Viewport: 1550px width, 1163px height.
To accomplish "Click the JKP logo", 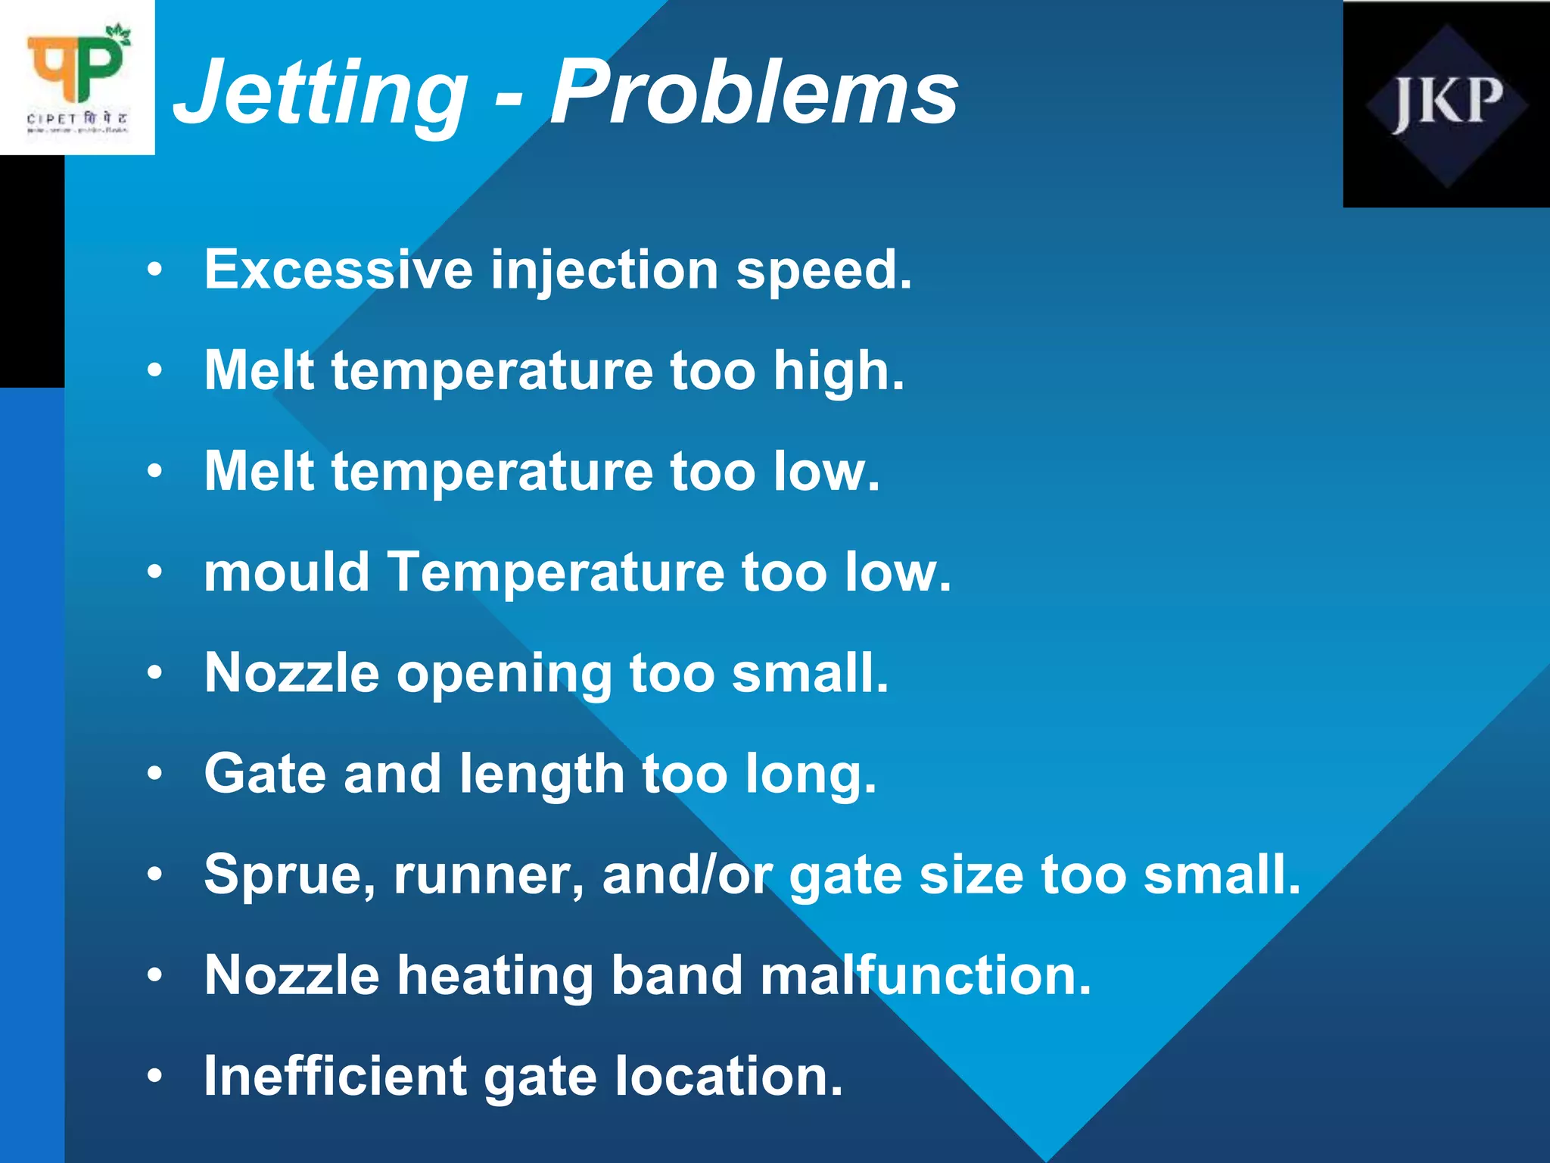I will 1446,104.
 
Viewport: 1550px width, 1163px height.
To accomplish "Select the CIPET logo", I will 77,77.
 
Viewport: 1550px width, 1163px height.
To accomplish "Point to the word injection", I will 604,271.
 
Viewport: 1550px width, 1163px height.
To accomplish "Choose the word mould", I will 287,572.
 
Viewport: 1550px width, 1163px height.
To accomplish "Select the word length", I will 541,775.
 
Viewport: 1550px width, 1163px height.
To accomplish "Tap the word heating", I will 495,975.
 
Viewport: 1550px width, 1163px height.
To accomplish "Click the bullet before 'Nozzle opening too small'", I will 155,672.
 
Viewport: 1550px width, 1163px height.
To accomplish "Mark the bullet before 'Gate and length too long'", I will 155,773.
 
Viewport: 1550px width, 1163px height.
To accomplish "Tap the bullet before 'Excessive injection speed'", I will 155,270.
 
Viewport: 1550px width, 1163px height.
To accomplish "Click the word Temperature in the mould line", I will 556,572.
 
